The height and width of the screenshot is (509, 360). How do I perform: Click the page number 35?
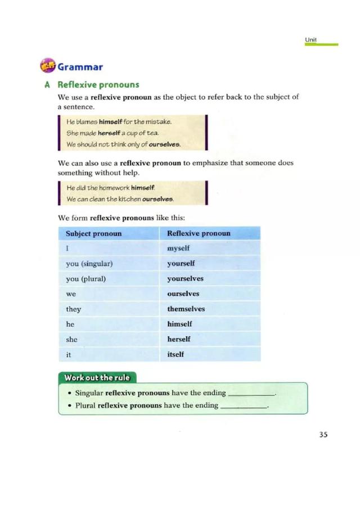pyautogui.click(x=323, y=434)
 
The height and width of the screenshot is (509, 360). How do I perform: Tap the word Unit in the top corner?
pyautogui.click(x=311, y=39)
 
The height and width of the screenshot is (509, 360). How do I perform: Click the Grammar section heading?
pyautogui.click(x=79, y=67)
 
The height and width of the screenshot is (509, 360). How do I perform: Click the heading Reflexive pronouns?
pyautogui.click(x=98, y=85)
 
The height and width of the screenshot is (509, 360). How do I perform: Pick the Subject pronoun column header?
pyautogui.click(x=93, y=233)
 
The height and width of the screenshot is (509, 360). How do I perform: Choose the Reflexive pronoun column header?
pyautogui.click(x=199, y=233)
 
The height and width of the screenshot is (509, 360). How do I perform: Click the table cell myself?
pyautogui.click(x=178, y=248)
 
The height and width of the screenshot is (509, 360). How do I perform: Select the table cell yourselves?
pyautogui.click(x=185, y=278)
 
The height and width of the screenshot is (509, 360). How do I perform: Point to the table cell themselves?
pyautogui.click(x=186, y=309)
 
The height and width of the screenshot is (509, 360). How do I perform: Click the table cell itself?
pyautogui.click(x=175, y=354)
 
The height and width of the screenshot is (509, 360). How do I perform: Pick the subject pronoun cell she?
pyautogui.click(x=71, y=339)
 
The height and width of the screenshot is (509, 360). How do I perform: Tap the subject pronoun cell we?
pyautogui.click(x=70, y=294)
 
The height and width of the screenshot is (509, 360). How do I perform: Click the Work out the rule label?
pyautogui.click(x=97, y=377)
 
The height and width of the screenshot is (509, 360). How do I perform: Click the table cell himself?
pyautogui.click(x=179, y=324)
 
